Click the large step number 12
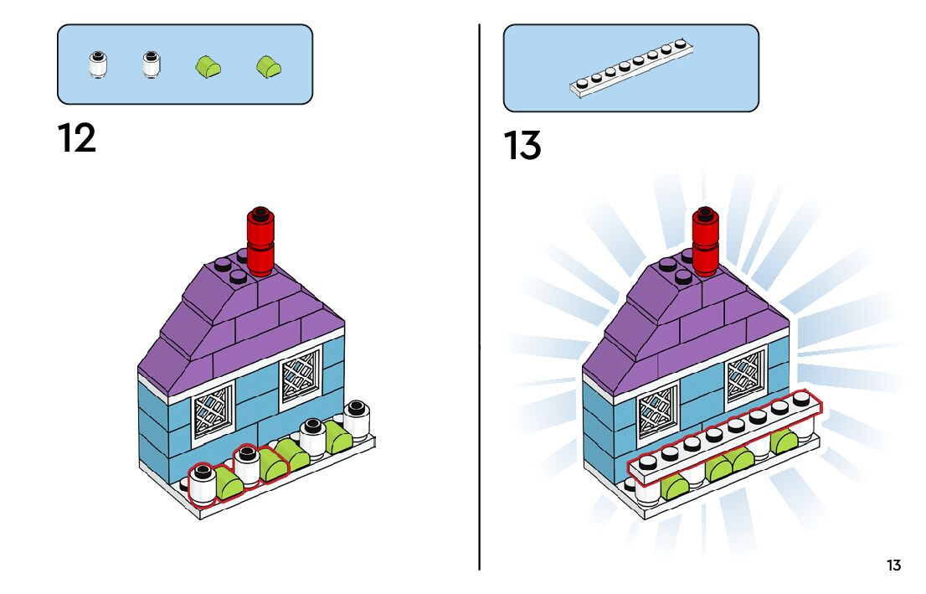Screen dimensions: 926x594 77,138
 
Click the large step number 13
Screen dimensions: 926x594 522,147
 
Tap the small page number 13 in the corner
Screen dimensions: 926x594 893,566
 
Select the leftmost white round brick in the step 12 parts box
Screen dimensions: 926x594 99,65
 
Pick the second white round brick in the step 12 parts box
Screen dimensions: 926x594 152,65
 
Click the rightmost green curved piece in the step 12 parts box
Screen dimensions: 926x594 268,65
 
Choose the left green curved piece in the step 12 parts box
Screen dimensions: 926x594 208,65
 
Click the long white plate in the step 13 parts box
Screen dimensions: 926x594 632,67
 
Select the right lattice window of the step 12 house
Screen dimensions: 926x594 300,374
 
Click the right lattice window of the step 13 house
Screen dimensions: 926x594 745,374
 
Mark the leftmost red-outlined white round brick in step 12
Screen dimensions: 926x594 203,486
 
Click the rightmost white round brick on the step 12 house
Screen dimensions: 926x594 358,419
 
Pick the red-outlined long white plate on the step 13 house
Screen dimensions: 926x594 724,439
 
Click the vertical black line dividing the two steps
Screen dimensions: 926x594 480,335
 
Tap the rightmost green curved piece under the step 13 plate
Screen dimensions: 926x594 785,441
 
